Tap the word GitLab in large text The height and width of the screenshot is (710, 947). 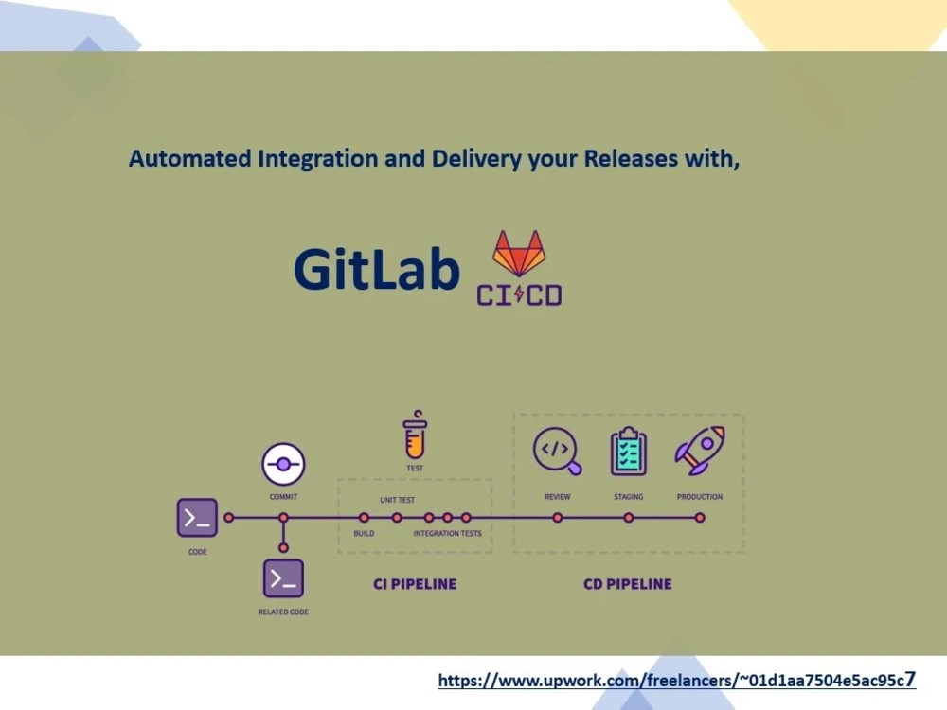click(376, 269)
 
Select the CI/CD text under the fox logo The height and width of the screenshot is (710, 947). click(519, 295)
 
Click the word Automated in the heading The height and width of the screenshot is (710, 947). click(189, 159)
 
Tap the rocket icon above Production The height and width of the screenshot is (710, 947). click(700, 451)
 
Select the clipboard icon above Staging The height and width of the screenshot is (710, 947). click(628, 452)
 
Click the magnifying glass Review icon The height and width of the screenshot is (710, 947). click(557, 451)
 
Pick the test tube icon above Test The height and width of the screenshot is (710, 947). click(415, 436)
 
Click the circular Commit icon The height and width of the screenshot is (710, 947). click(283, 466)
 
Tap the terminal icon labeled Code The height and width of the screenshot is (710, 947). click(197, 518)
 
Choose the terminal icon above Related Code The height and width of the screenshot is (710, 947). click(283, 578)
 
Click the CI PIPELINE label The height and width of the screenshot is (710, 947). click(415, 584)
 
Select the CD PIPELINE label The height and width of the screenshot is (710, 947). click(628, 584)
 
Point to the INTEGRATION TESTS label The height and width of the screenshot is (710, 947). click(447, 534)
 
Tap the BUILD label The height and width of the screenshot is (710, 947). click(364, 534)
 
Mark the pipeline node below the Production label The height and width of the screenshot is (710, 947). click(700, 518)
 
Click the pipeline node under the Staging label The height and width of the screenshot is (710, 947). click(628, 518)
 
